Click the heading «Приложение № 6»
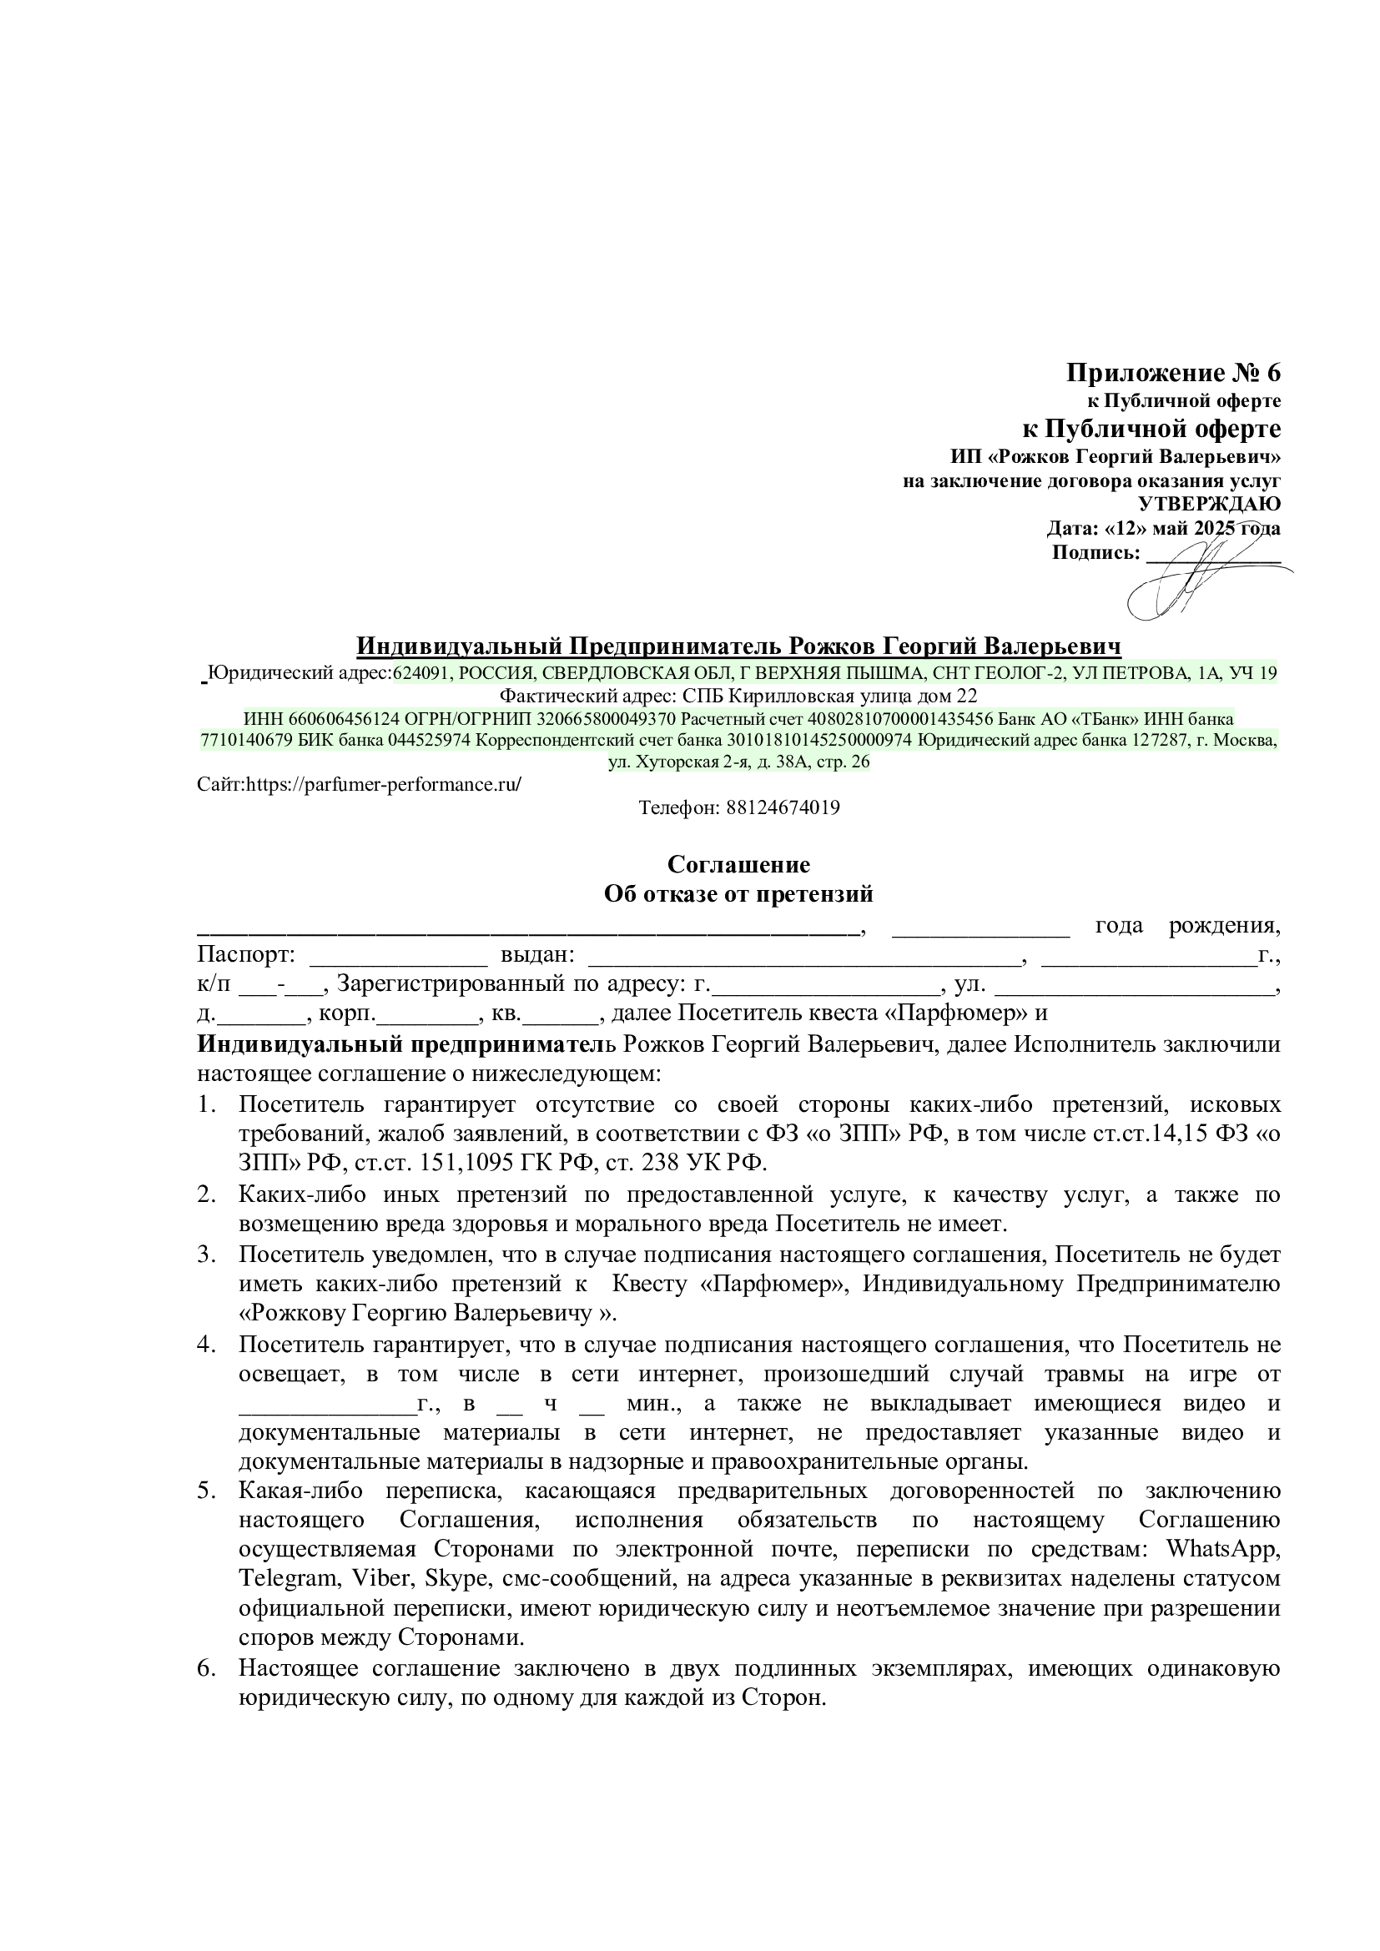[x=1172, y=373]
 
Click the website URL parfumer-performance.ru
[x=383, y=784]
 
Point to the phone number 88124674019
[x=783, y=807]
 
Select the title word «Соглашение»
[x=738, y=864]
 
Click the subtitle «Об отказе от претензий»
[x=738, y=894]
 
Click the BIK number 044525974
[x=429, y=740]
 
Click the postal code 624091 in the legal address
[x=421, y=674]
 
